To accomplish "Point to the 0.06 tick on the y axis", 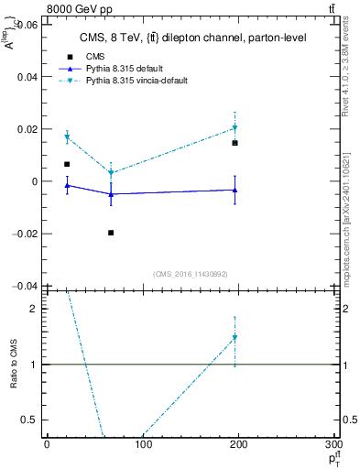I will (x=27, y=26).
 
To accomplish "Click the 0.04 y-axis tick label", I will (x=27, y=78).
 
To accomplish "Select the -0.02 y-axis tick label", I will (x=26, y=234).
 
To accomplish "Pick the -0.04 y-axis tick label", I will (x=26, y=286).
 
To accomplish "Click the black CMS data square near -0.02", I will (x=111, y=233).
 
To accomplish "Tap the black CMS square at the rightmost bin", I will (x=235, y=143).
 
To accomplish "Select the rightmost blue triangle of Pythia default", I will (x=235, y=190).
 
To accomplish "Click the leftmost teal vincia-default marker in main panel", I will (x=67, y=137).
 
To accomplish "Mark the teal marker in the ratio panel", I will (x=235, y=338).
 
